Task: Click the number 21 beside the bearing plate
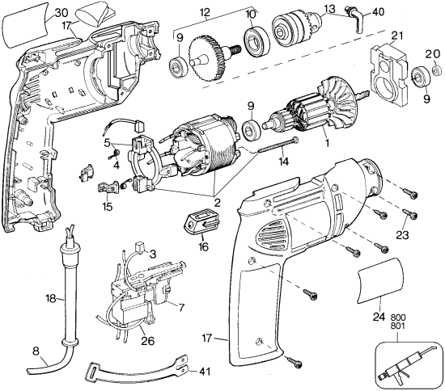coord(397,35)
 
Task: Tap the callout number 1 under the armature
coord(325,143)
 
